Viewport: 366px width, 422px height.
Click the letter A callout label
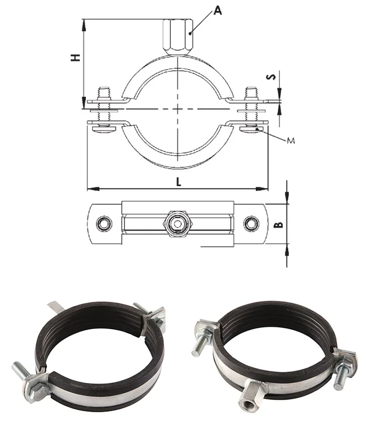[217, 10]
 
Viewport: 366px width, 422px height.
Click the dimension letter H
[75, 58]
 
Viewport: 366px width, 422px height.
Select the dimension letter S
[273, 77]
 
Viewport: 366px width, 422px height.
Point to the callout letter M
[291, 141]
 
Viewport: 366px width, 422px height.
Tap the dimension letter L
[179, 182]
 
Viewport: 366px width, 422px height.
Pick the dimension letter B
[277, 225]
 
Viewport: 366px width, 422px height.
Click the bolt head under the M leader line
[254, 128]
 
